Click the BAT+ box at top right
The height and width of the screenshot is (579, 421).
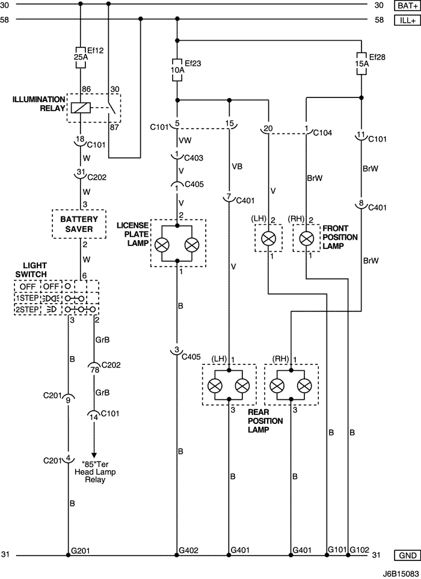point(407,5)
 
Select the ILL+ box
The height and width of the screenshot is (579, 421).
point(407,20)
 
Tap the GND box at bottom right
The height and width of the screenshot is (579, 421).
point(407,555)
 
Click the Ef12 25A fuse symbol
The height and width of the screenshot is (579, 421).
point(81,57)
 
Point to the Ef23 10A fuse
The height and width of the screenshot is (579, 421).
point(177,70)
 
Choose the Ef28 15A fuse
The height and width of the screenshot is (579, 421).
point(361,64)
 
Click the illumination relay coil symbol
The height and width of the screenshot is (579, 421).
point(81,108)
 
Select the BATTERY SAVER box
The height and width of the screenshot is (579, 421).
point(79,224)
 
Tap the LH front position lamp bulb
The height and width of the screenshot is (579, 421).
point(268,239)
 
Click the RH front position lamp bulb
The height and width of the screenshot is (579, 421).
point(306,239)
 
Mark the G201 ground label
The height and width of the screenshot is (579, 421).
point(80,551)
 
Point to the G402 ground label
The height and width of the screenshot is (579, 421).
point(188,551)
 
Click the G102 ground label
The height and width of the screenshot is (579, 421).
point(359,550)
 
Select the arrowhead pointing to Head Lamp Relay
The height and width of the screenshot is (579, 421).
point(94,455)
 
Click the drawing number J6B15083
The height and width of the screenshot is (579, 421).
point(404,573)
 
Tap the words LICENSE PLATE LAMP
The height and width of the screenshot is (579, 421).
point(133,234)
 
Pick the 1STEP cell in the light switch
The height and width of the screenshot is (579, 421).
point(27,298)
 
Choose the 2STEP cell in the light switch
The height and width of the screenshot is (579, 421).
point(27,310)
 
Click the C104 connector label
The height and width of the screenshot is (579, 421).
point(322,133)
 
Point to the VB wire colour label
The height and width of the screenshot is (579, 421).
point(237,167)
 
